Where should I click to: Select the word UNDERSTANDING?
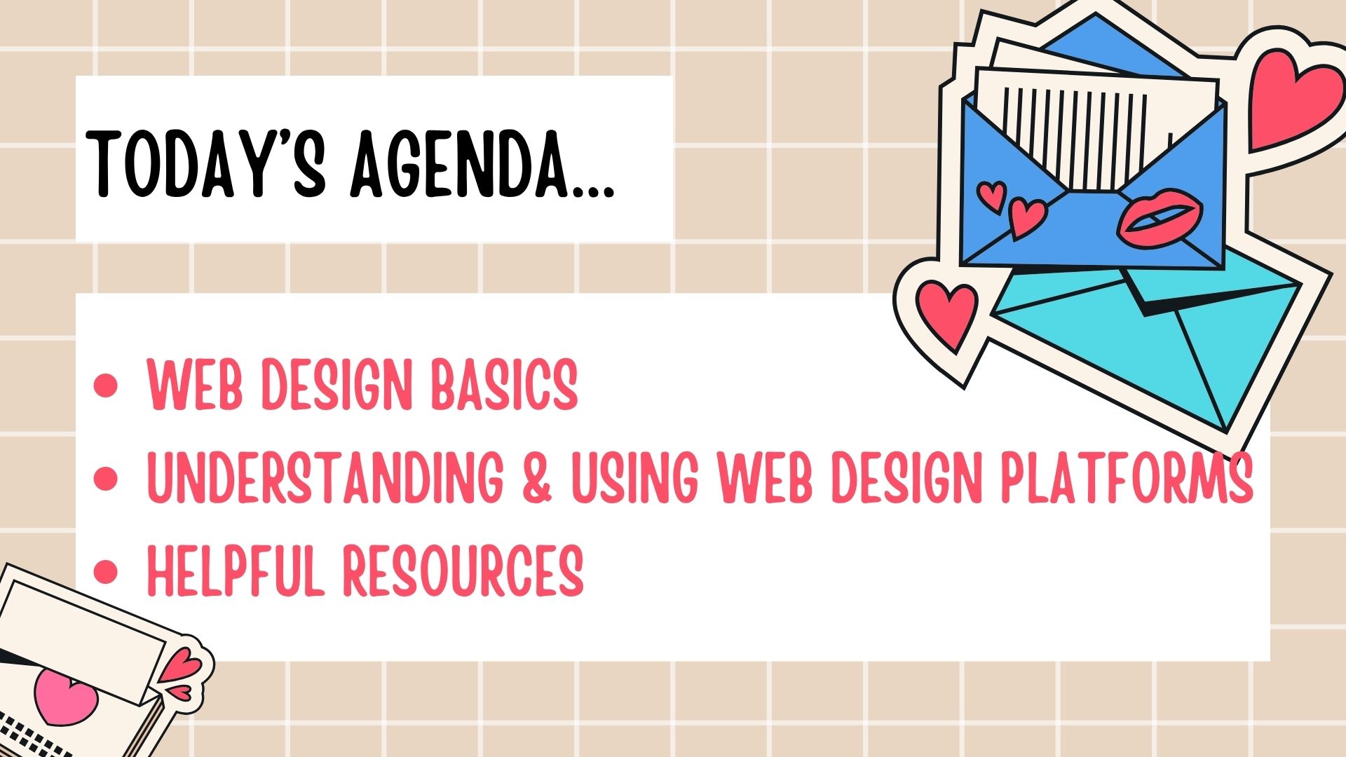click(x=325, y=477)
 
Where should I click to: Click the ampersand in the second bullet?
click(x=537, y=477)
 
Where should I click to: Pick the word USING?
click(x=635, y=477)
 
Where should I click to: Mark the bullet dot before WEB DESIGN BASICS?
click(x=106, y=386)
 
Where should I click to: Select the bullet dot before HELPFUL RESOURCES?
click(x=106, y=571)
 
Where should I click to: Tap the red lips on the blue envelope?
click(x=1160, y=217)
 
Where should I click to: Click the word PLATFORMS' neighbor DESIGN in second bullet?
click(x=904, y=477)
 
